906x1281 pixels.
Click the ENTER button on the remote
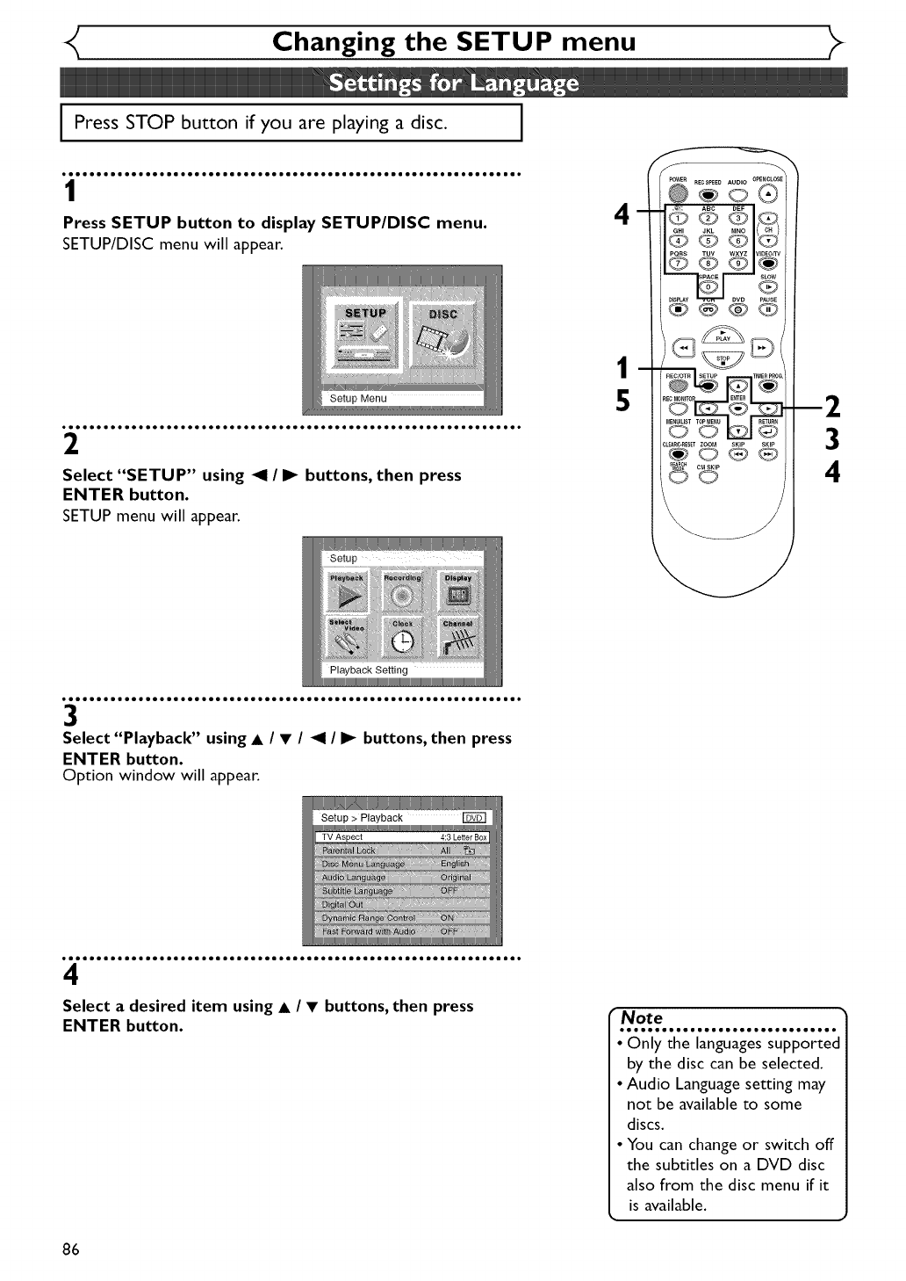pos(738,409)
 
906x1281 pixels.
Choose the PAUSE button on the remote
pos(768,308)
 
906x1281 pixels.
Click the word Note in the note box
pos(642,1017)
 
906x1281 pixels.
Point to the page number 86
pos(71,1249)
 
